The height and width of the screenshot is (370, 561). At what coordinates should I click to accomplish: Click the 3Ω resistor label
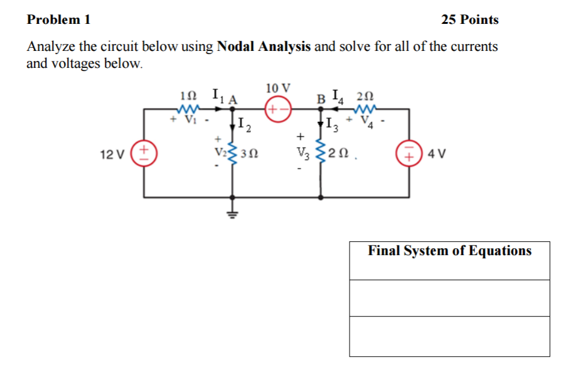click(252, 153)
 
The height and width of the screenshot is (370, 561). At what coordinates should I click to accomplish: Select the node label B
click(321, 99)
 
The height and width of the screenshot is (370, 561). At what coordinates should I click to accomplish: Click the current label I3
click(333, 125)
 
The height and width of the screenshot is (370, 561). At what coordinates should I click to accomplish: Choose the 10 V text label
click(278, 87)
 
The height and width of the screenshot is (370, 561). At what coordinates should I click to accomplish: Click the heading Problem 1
click(58, 19)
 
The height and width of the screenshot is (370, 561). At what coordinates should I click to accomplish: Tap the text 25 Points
click(469, 19)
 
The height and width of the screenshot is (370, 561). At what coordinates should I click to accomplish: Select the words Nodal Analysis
click(264, 47)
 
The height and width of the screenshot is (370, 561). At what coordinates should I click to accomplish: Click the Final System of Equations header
click(449, 251)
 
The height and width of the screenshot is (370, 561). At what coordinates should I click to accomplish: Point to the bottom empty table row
click(449, 336)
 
